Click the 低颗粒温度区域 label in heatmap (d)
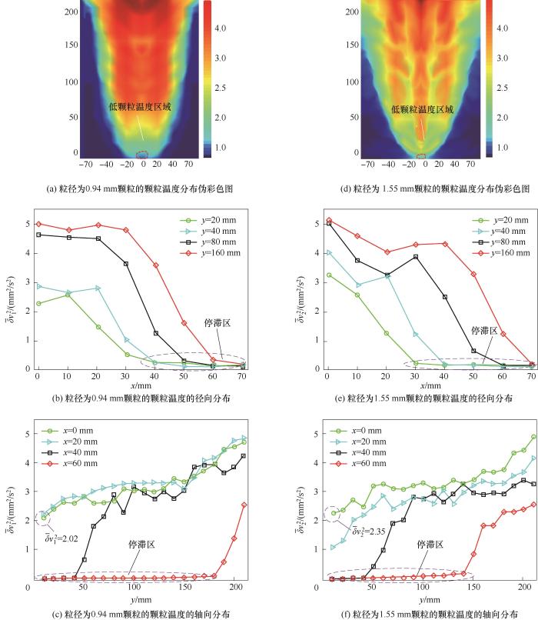422,110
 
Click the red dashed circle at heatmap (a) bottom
142,155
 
